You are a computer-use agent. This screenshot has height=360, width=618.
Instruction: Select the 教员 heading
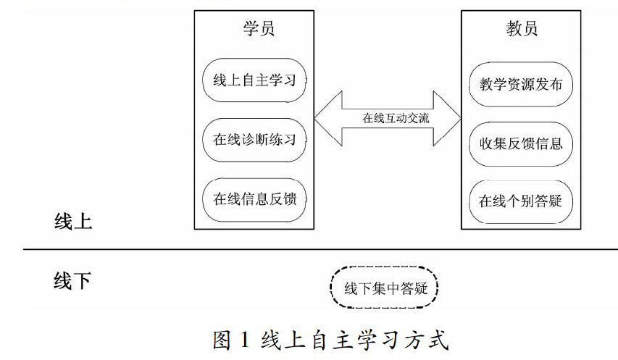coord(522,30)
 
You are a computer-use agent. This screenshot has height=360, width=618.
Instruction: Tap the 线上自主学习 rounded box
coord(254,80)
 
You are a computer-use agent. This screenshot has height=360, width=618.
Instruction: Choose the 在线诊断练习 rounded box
coord(254,140)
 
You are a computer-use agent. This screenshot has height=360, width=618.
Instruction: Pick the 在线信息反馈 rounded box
coord(254,199)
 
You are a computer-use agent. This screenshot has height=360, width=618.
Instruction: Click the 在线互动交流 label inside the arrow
coord(388,117)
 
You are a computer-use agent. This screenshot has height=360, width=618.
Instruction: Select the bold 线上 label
coord(73,222)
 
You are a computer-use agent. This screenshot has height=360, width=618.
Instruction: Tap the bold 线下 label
coord(73,280)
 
